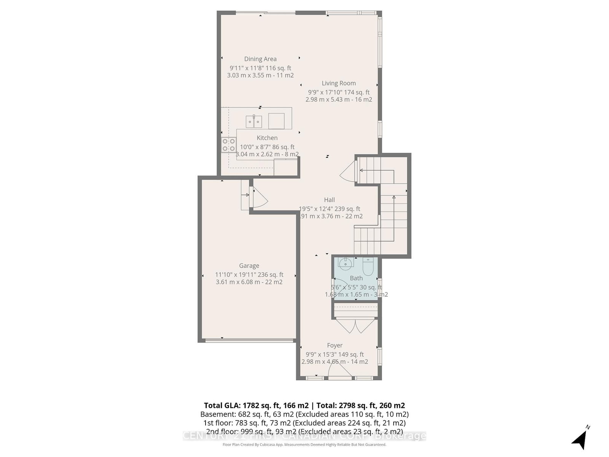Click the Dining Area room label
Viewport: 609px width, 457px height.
(x=260, y=59)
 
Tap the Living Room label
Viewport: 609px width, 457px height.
(x=339, y=83)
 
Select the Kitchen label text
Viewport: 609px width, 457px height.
(x=267, y=138)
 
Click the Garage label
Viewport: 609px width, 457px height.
(x=249, y=266)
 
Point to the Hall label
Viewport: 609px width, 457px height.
(x=330, y=200)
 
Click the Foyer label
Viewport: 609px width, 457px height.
(x=335, y=345)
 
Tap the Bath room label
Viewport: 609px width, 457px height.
(x=356, y=278)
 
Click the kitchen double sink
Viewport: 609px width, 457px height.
(x=254, y=121)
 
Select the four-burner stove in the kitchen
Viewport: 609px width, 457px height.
(x=229, y=145)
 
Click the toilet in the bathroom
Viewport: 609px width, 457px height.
(x=368, y=266)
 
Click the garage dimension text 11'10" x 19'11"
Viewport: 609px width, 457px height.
(x=249, y=275)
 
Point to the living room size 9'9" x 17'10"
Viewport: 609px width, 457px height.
(x=339, y=92)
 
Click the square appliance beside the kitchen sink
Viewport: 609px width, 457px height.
(x=276, y=121)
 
